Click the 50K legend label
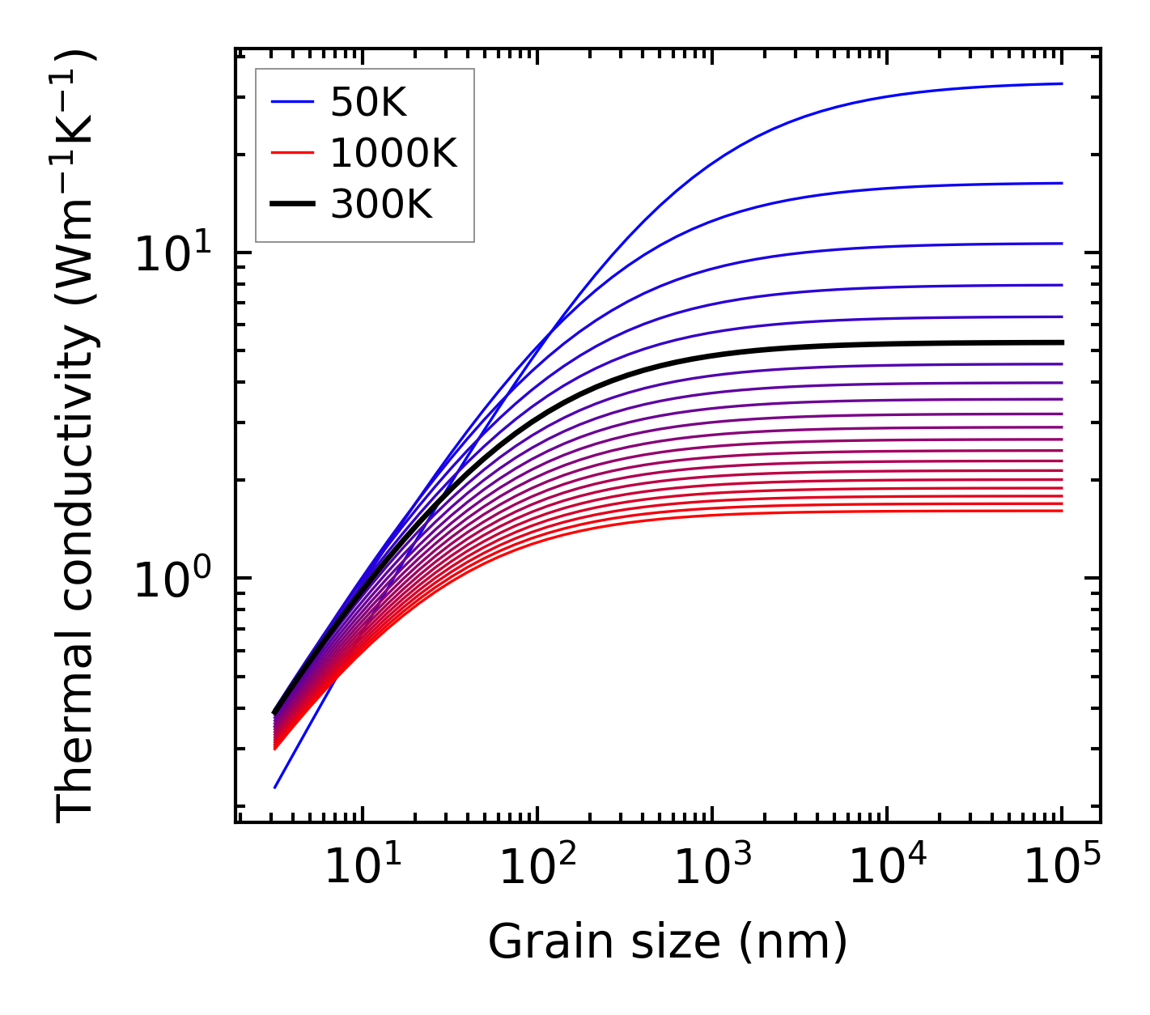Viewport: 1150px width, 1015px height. tap(368, 103)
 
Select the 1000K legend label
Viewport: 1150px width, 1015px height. tap(393, 153)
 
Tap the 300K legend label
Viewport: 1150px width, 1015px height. tap(381, 205)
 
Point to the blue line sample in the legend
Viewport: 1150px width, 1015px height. tap(291, 102)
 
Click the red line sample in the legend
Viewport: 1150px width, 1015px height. tap(291, 153)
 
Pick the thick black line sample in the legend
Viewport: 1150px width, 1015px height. tap(291, 205)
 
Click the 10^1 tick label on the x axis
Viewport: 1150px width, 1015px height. tap(362, 868)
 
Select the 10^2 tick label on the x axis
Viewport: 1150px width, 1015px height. tap(537, 868)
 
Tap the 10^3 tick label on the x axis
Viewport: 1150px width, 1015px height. tap(712, 868)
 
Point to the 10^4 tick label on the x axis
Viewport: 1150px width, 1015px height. tap(887, 868)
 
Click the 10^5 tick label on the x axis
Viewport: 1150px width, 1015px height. tap(1062, 868)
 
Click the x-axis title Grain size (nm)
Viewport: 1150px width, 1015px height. tap(668, 942)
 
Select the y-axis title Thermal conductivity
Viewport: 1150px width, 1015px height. tap(77, 437)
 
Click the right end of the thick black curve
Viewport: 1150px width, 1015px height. tap(1061, 342)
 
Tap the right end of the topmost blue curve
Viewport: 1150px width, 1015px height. tap(1061, 83)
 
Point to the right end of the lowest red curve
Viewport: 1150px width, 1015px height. tap(1061, 511)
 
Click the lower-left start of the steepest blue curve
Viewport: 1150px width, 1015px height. tap(275, 787)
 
